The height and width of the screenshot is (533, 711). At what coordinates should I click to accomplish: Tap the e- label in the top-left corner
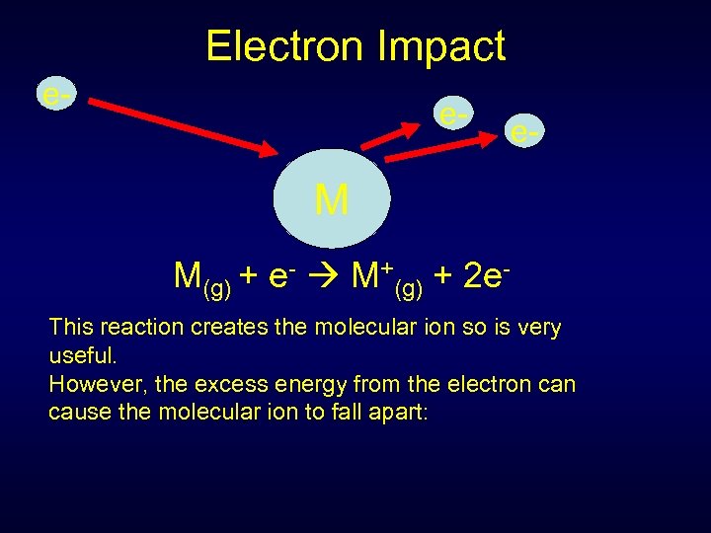click(x=55, y=95)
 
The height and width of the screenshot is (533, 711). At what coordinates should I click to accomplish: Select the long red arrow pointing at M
click(x=178, y=123)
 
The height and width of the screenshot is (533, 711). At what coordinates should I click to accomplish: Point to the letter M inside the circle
click(x=332, y=201)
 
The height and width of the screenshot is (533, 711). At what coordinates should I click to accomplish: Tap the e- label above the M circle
click(x=454, y=114)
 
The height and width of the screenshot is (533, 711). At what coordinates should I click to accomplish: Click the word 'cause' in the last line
click(x=77, y=412)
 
